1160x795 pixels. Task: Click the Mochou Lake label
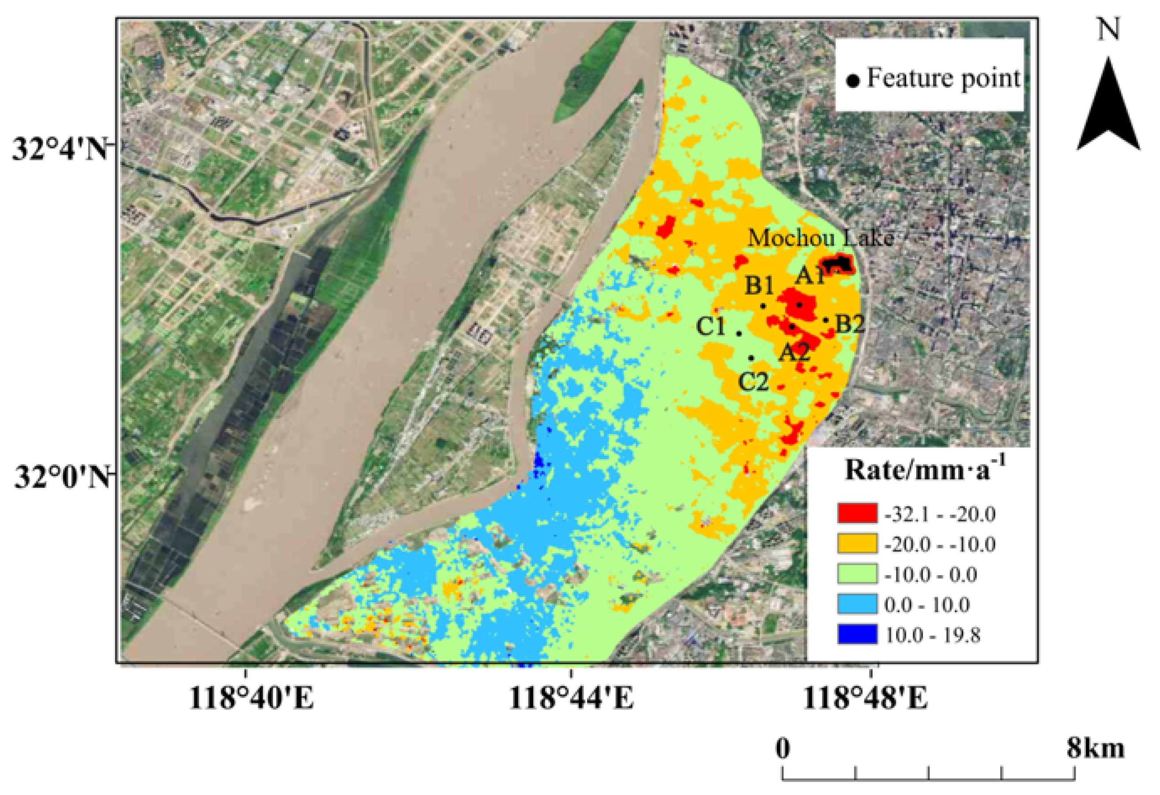820,238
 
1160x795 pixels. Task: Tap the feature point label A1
810,275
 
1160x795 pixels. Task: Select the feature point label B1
759,286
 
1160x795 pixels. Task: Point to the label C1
710,327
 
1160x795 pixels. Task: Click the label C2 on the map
753,382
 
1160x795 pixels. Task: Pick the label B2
850,324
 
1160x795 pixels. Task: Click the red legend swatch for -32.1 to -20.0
857,513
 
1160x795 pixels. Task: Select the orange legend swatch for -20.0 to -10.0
857,543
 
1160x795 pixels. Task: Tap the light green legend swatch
857,574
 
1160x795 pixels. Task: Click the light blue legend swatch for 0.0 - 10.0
857,604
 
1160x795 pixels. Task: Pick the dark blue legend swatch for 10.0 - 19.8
857,635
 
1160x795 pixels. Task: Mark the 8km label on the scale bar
1096,749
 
